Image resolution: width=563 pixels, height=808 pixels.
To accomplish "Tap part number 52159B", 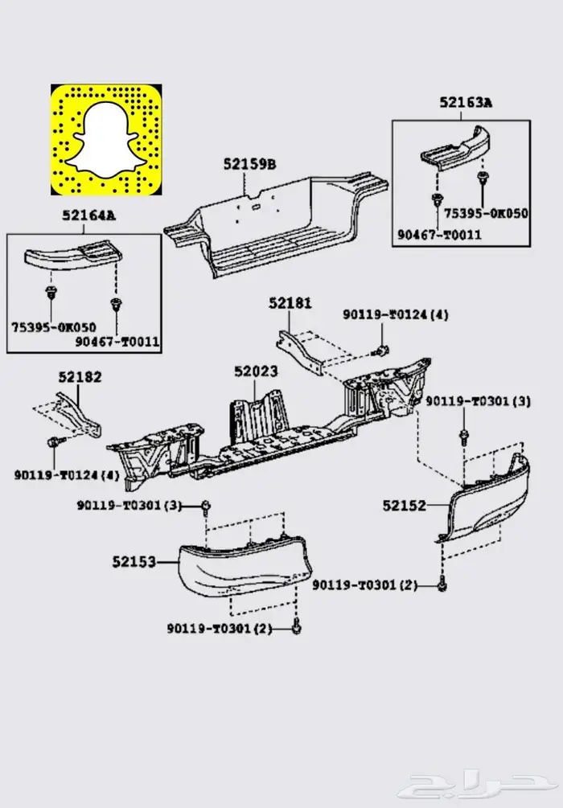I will [x=249, y=165].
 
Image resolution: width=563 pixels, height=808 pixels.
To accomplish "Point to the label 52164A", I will [x=88, y=215].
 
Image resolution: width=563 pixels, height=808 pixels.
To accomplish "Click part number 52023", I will [x=256, y=371].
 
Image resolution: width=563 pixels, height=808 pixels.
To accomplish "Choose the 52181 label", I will [x=290, y=303].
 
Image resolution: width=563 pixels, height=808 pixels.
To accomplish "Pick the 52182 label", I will [x=80, y=376].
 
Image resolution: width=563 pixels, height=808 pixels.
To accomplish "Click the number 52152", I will [x=404, y=505].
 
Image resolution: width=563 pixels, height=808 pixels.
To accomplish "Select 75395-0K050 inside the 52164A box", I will [x=53, y=327].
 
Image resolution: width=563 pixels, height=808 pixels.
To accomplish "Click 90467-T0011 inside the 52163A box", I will [x=438, y=234].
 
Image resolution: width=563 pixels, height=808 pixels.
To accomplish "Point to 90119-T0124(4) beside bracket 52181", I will [x=396, y=314].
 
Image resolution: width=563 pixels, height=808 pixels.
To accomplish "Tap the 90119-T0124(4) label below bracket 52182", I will [x=66, y=474].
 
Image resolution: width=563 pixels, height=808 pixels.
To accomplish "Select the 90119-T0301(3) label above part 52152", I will [x=478, y=401].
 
